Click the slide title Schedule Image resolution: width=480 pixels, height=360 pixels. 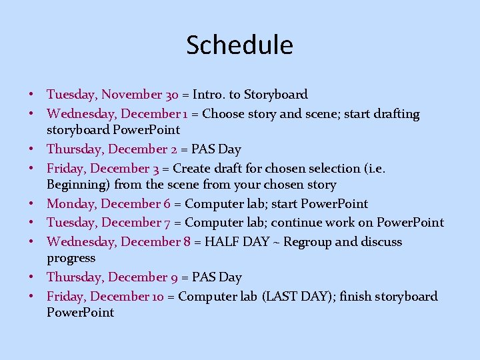(239, 45)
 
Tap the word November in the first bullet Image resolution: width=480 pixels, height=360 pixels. (131, 95)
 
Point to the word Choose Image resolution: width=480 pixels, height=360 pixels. (224, 114)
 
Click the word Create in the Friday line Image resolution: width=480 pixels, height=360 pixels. (193, 169)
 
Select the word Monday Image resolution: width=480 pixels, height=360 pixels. (70, 204)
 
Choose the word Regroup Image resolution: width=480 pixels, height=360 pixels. (307, 242)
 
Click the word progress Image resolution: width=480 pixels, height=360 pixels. (71, 258)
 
